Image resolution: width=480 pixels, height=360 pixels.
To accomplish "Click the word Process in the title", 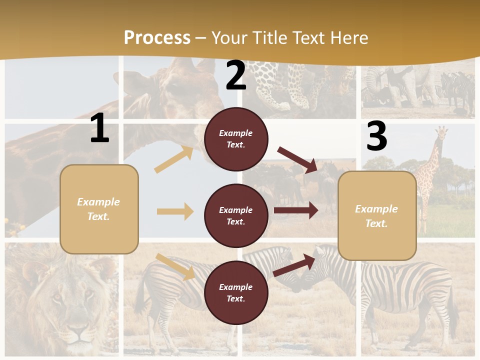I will tap(157, 38).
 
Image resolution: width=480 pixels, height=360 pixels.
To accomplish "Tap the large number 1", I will tap(99, 128).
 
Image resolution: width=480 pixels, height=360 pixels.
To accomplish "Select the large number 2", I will tap(236, 75).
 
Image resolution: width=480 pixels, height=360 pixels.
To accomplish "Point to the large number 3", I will tap(376, 136).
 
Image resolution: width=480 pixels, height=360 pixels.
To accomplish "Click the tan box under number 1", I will tap(99, 209).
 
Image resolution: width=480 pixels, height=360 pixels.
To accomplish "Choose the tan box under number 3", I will tap(377, 215).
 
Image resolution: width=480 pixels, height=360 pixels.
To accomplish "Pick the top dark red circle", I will tap(236, 139).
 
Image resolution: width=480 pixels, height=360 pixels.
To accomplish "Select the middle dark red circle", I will tap(236, 215).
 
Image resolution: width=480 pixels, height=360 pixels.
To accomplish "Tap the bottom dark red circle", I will tap(236, 292).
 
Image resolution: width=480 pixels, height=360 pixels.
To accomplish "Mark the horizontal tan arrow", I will tap(175, 211).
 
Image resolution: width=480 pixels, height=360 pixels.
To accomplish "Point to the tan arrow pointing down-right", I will tap(175, 266).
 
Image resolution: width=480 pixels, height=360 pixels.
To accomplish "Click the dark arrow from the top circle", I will tap(298, 160).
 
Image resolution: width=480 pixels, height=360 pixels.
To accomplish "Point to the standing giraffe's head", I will tap(441, 133).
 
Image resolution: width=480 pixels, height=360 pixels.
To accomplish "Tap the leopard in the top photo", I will tap(290, 85).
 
